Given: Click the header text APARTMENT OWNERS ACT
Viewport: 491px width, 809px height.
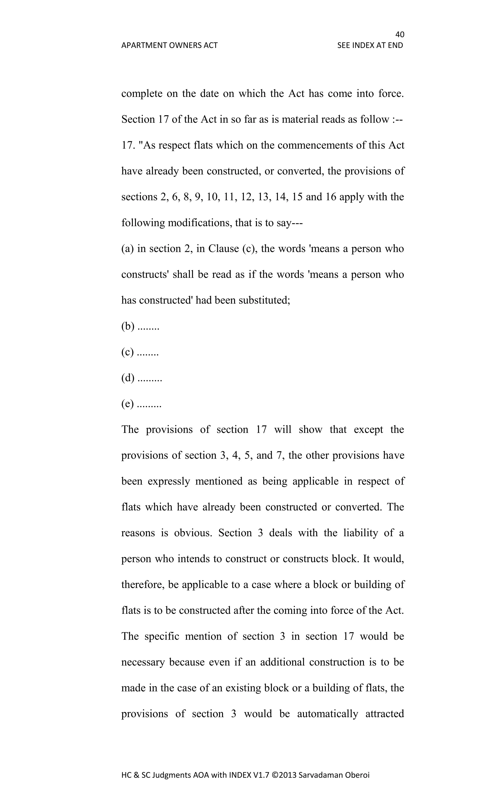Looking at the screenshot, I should coord(169,45).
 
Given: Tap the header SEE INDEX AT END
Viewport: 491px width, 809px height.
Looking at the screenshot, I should coord(370,45).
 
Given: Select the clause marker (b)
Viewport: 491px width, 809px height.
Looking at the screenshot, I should coord(128,326).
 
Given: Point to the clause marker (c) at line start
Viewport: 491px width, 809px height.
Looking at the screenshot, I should coord(127,352).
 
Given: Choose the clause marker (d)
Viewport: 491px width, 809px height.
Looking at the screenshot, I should coord(128,378).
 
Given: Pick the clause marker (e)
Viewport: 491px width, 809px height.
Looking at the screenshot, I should coord(127,404).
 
